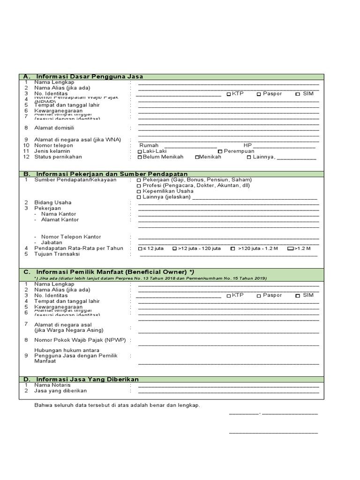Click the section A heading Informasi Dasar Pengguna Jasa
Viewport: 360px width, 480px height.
pyautogui.click(x=90, y=76)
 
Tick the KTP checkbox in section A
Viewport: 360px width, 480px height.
pyautogui.click(x=229, y=94)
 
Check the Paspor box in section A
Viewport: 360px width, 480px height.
pyautogui.click(x=259, y=94)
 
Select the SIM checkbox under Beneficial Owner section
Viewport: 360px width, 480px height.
pyautogui.click(x=298, y=296)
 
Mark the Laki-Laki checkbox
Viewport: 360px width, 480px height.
pyautogui.click(x=140, y=152)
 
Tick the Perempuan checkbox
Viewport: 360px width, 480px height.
pyautogui.click(x=220, y=152)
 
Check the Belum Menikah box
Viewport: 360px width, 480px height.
pyautogui.click(x=140, y=157)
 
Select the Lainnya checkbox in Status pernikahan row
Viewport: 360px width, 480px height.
pyautogui.click(x=249, y=157)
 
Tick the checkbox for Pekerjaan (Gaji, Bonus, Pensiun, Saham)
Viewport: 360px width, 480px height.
pyautogui.click(x=139, y=180)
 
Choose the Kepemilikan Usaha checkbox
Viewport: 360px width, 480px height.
pyautogui.click(x=139, y=192)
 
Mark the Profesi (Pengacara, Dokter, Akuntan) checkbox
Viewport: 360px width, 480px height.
pyautogui.click(x=139, y=186)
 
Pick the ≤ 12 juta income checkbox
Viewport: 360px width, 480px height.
pyautogui.click(x=140, y=249)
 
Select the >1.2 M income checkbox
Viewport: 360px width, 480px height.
pyautogui.click(x=290, y=249)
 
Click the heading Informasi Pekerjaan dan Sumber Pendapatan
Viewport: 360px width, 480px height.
pyautogui.click(x=112, y=173)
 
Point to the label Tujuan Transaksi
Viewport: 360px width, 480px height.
pyautogui.click(x=57, y=254)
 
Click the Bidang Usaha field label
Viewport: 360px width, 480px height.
pyautogui.click(x=53, y=202)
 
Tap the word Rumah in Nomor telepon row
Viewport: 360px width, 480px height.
pyautogui.click(x=149, y=145)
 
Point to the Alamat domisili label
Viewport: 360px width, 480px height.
pyautogui.click(x=54, y=128)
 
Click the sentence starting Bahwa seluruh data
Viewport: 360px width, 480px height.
pyautogui.click(x=117, y=405)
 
